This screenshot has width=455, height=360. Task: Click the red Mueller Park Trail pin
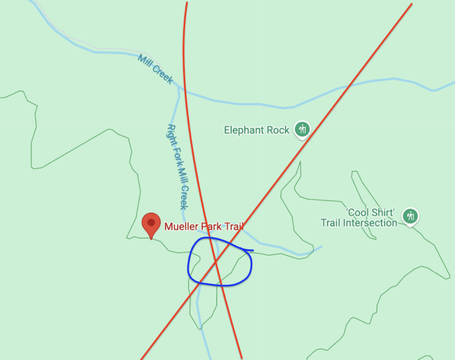pyautogui.click(x=151, y=224)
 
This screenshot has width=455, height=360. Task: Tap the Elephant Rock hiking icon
pyautogui.click(x=302, y=129)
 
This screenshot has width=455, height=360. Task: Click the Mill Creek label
pyautogui.click(x=155, y=69)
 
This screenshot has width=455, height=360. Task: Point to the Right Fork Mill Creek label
pyautogui.click(x=177, y=167)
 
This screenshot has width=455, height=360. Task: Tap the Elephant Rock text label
pyautogui.click(x=257, y=130)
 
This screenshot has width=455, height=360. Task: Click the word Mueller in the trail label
pyautogui.click(x=182, y=226)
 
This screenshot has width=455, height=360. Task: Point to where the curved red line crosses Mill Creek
pyautogui.click(x=185, y=91)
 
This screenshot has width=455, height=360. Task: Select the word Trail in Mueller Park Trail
pyautogui.click(x=233, y=226)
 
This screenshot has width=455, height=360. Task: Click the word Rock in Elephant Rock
pyautogui.click(x=277, y=130)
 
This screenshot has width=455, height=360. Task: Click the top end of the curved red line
pyautogui.click(x=187, y=2)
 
